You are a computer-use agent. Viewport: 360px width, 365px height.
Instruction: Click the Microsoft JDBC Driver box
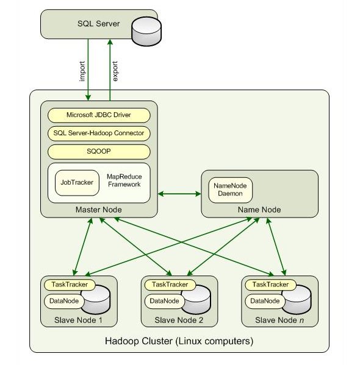(99, 115)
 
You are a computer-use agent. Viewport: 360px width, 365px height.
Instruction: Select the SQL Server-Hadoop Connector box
(99, 133)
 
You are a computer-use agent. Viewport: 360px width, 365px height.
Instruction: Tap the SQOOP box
(99, 152)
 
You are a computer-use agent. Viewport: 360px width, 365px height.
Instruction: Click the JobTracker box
(77, 183)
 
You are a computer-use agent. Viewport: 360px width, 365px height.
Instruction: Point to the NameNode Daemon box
(230, 190)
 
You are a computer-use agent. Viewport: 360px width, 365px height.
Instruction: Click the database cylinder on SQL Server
(146, 31)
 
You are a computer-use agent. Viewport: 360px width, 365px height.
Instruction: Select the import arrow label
(82, 71)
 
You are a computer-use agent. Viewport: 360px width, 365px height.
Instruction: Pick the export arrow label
(115, 71)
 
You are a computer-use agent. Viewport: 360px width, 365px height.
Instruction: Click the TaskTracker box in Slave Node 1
(70, 285)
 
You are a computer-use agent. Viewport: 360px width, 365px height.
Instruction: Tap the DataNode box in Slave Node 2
(164, 301)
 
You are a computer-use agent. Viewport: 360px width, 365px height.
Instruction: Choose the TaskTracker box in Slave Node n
(270, 285)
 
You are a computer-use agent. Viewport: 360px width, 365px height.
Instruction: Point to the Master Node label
(99, 210)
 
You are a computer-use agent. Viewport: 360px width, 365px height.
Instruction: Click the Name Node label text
(259, 210)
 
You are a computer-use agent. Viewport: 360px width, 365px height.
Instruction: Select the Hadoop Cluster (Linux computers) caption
(179, 341)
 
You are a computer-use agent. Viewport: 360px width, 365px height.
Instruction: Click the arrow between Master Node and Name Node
(179, 194)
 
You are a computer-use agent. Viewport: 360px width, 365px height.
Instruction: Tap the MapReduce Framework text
(124, 180)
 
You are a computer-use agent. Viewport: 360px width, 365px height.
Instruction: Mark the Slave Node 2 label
(179, 320)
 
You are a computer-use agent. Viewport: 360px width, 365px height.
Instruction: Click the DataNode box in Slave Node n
(265, 301)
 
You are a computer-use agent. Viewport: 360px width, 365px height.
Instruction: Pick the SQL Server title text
(99, 24)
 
